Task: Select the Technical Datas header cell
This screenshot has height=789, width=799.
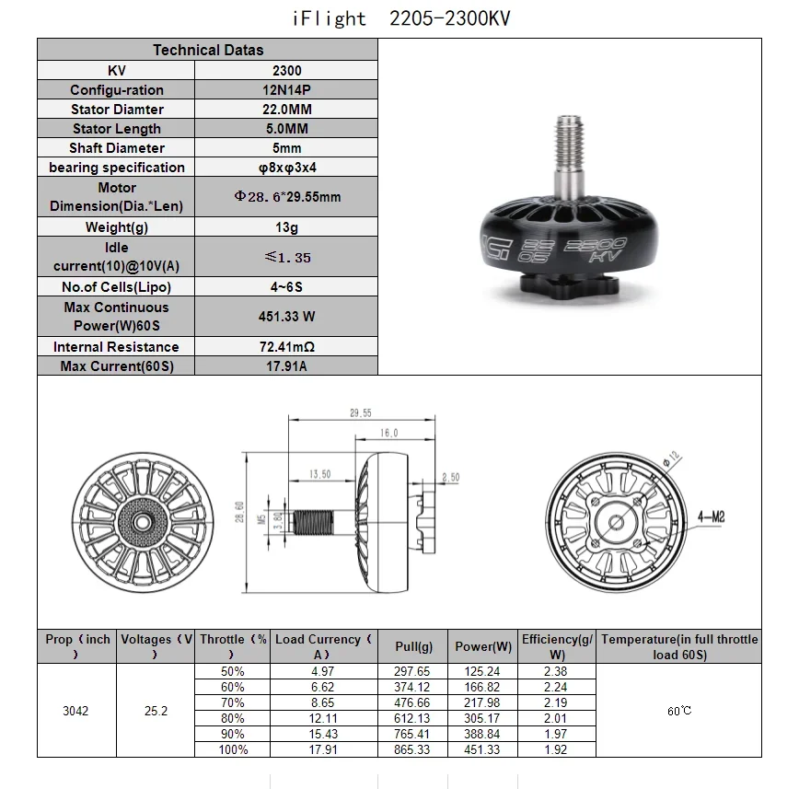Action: (208, 51)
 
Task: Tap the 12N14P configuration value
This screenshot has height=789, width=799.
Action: (286, 90)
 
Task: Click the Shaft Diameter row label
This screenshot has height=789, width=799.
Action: (117, 148)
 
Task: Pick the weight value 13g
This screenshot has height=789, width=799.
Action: (286, 227)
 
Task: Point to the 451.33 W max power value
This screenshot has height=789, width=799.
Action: (286, 317)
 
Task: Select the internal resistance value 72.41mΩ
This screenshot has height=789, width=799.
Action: (286, 347)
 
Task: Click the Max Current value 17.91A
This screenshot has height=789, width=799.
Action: (286, 366)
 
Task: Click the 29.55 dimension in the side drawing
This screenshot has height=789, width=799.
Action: (360, 413)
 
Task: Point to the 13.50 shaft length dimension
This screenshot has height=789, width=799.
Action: (319, 474)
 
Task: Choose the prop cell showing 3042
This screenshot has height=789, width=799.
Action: (76, 711)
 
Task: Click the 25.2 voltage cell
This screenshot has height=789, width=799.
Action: (156, 711)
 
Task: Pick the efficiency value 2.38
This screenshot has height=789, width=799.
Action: (556, 672)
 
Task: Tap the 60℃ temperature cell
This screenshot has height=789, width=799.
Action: (678, 711)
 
